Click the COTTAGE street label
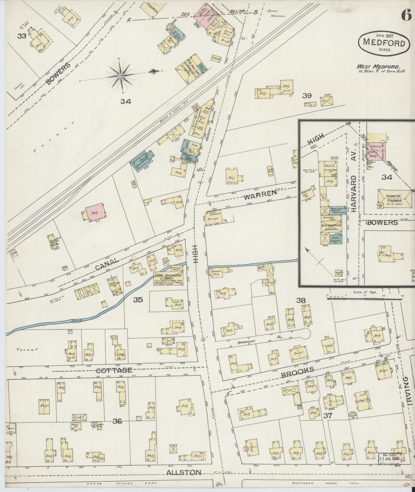(x=114, y=371)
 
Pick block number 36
(x=117, y=421)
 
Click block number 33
(x=22, y=36)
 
